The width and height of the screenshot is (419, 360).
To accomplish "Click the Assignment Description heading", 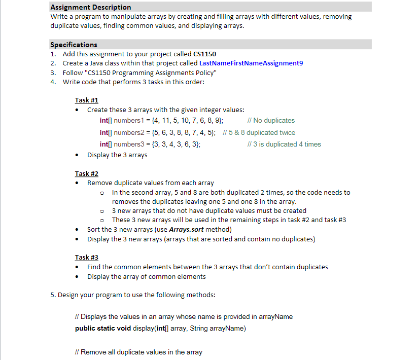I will coord(90,7).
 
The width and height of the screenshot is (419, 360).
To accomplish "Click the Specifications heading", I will coord(74,45).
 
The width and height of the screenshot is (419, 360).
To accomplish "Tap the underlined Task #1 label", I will coord(86,100).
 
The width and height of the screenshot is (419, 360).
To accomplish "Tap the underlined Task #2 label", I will coord(86,173).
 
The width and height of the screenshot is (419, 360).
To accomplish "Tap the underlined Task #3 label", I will coord(86,257).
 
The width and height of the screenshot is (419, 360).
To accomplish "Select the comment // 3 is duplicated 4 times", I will coord(282,144).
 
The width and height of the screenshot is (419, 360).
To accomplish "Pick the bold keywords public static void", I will coord(103,329).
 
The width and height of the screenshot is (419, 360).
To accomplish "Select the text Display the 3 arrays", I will coord(117,155).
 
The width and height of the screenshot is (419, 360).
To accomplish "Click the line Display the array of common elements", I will coord(147,276).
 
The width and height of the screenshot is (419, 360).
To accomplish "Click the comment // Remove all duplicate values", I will coord(138,352).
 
